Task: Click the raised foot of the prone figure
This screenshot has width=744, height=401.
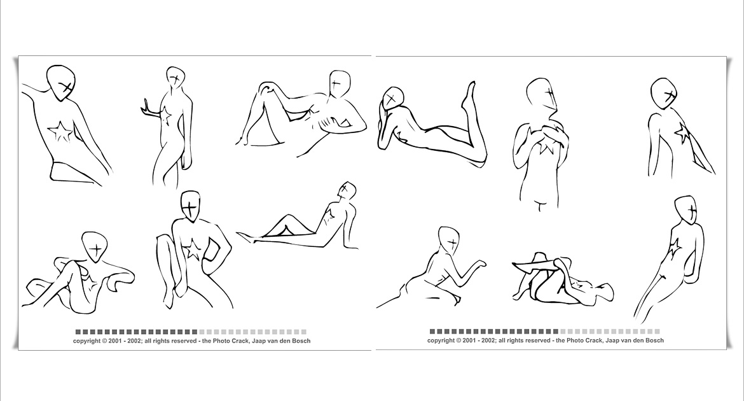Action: click(x=470, y=92)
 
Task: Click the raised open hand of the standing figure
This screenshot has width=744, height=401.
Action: click(x=148, y=108)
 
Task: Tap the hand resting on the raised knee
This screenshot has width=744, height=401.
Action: click(x=269, y=87)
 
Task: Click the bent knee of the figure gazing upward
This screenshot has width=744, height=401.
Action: click(x=285, y=218)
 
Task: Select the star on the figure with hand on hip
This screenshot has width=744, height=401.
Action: click(x=191, y=250)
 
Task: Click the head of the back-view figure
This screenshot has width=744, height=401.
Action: click(x=664, y=94)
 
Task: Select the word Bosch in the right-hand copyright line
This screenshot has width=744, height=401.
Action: click(x=654, y=340)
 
